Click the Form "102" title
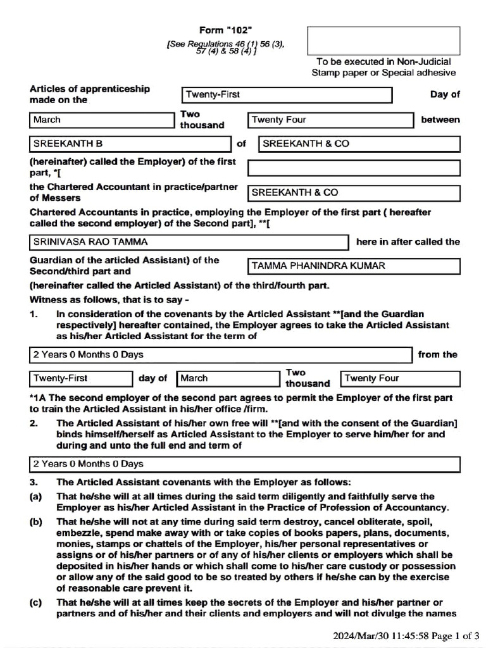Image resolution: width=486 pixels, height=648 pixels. (226, 30)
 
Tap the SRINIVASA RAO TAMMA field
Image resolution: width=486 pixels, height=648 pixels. (189, 242)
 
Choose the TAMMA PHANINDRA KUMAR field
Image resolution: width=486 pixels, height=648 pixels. (353, 266)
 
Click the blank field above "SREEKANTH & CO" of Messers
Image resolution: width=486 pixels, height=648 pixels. (353, 168)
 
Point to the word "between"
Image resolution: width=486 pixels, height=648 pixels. (440, 120)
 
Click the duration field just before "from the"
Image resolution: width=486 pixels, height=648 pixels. (220, 354)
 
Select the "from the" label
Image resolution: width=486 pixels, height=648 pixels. (437, 354)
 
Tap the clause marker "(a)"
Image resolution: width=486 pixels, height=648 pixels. (35, 497)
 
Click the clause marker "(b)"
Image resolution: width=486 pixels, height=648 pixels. (35, 523)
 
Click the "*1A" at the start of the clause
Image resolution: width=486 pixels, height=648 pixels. (37, 398)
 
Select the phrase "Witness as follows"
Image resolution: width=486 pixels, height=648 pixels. (70, 299)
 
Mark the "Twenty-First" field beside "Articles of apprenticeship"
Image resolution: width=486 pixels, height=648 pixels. (287, 95)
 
